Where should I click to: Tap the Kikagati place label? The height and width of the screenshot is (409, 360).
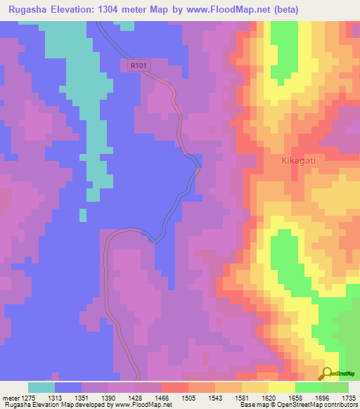click(291, 160)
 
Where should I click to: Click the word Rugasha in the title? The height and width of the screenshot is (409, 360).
click(27, 10)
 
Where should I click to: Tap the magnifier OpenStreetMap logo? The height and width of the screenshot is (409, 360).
click(328, 373)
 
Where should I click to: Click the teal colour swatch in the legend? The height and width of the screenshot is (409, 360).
click(41, 387)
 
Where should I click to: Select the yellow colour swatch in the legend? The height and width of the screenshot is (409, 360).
click(282, 387)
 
